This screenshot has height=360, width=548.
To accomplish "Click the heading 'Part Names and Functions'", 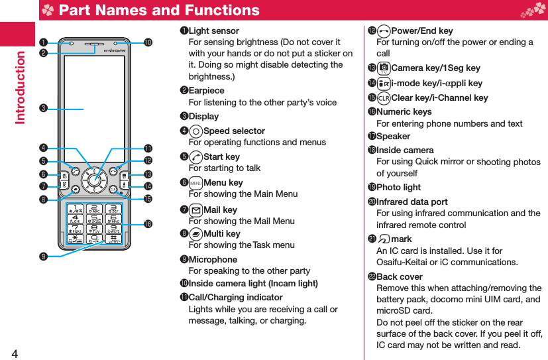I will tap(158, 10).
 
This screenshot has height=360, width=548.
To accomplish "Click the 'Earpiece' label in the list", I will tap(206, 90).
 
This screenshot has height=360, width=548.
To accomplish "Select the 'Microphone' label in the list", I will tap(213, 259).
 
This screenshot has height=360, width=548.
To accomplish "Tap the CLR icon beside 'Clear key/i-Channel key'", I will tap(384, 98).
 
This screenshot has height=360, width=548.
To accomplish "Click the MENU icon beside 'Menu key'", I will tap(195, 183).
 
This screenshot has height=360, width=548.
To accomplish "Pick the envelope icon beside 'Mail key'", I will tap(195, 210).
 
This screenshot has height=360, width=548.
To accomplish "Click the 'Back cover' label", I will tap(399, 276).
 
